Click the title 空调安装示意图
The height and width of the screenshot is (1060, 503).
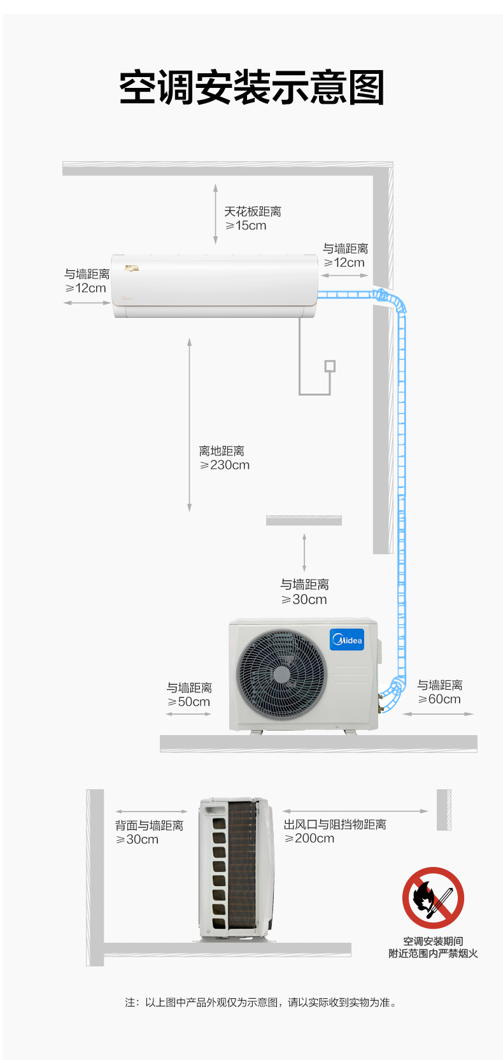click(251, 87)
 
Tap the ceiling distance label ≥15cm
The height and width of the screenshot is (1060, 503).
click(246, 226)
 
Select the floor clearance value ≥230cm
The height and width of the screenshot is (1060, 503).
click(224, 465)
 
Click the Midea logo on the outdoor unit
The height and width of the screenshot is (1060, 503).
click(347, 640)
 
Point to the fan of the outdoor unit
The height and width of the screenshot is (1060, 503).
click(281, 675)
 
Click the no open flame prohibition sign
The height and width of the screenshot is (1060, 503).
click(433, 898)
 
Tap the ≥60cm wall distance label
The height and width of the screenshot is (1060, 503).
click(439, 699)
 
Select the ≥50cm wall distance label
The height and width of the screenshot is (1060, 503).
click(188, 702)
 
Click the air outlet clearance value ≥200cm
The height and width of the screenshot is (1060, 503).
click(309, 838)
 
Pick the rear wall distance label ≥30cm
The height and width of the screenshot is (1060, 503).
click(138, 839)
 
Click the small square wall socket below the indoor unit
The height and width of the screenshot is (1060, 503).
click(330, 366)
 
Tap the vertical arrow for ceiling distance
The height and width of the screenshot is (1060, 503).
click(215, 214)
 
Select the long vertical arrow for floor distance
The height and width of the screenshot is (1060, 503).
click(189, 424)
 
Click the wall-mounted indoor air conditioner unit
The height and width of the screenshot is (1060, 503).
click(215, 286)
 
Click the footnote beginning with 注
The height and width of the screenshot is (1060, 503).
click(260, 1002)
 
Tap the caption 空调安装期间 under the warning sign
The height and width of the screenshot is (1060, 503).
click(433, 942)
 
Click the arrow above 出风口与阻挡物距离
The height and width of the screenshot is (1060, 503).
click(355, 811)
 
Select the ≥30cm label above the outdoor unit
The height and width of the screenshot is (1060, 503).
click(304, 599)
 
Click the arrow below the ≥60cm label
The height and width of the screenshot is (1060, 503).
click(437, 713)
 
